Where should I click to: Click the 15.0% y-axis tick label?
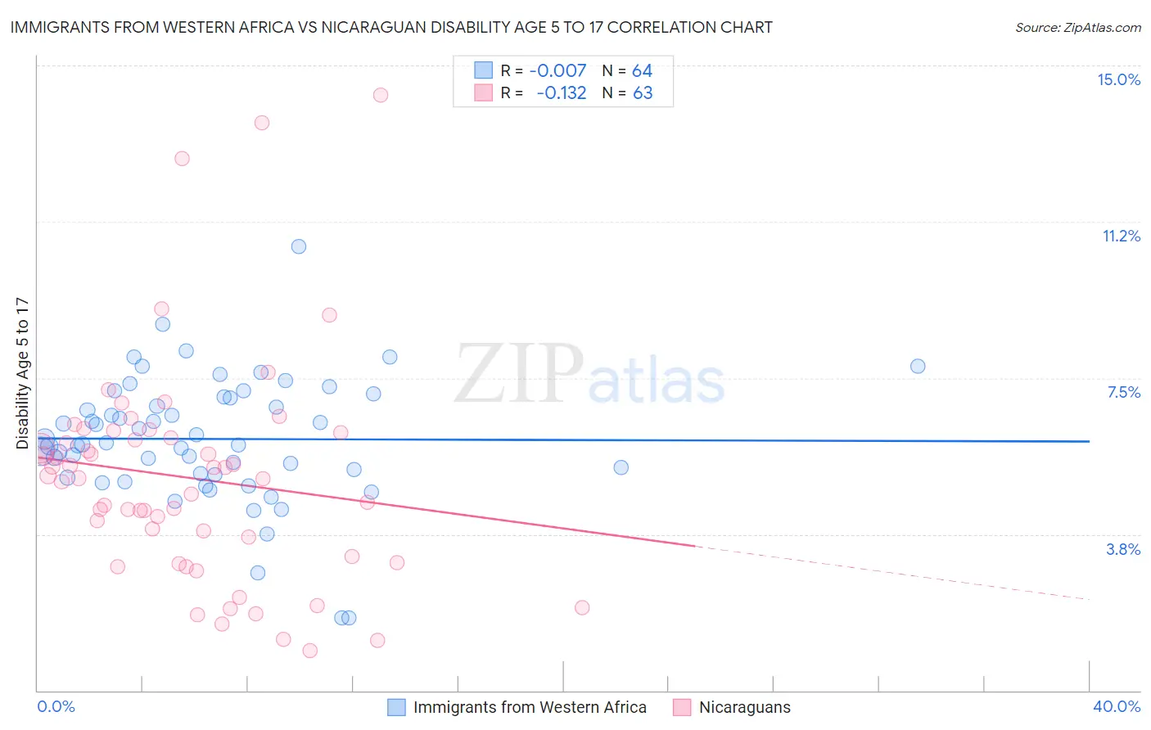tap(1118, 79)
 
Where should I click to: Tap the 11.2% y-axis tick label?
tap(1121, 236)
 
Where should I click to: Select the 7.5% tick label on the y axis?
tap(1123, 392)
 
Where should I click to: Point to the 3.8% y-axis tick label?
tap(1123, 549)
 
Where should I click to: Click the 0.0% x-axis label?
tap(56, 706)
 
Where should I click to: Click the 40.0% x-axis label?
tap(1116, 706)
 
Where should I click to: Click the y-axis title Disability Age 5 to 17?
tap(22, 372)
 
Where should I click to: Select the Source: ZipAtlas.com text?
tap(1077, 28)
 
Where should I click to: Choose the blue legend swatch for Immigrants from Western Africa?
tap(396, 707)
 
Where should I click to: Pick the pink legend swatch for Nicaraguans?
tap(682, 707)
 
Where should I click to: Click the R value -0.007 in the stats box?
tap(557, 71)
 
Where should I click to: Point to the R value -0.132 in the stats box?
tap(561, 93)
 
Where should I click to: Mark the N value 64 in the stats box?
tap(642, 71)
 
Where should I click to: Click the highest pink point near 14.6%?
tap(381, 95)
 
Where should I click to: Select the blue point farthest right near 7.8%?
tap(918, 366)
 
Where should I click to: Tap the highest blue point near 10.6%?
tap(299, 246)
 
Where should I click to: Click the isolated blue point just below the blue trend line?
tap(621, 467)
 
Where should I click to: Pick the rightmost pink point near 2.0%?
tap(582, 607)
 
